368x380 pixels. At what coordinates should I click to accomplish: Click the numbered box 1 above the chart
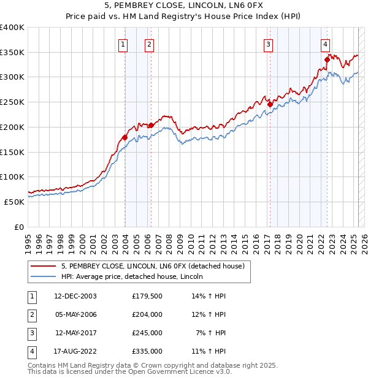123,44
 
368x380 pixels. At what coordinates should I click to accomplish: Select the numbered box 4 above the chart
325,44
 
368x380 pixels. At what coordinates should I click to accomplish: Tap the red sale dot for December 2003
125,137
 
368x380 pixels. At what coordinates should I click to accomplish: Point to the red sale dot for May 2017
270,104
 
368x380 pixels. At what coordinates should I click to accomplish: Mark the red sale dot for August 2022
327,59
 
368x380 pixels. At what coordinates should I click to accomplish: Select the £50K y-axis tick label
15,202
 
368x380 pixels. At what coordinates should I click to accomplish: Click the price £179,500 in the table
147,296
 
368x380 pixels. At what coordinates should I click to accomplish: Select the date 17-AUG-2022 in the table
75,351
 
